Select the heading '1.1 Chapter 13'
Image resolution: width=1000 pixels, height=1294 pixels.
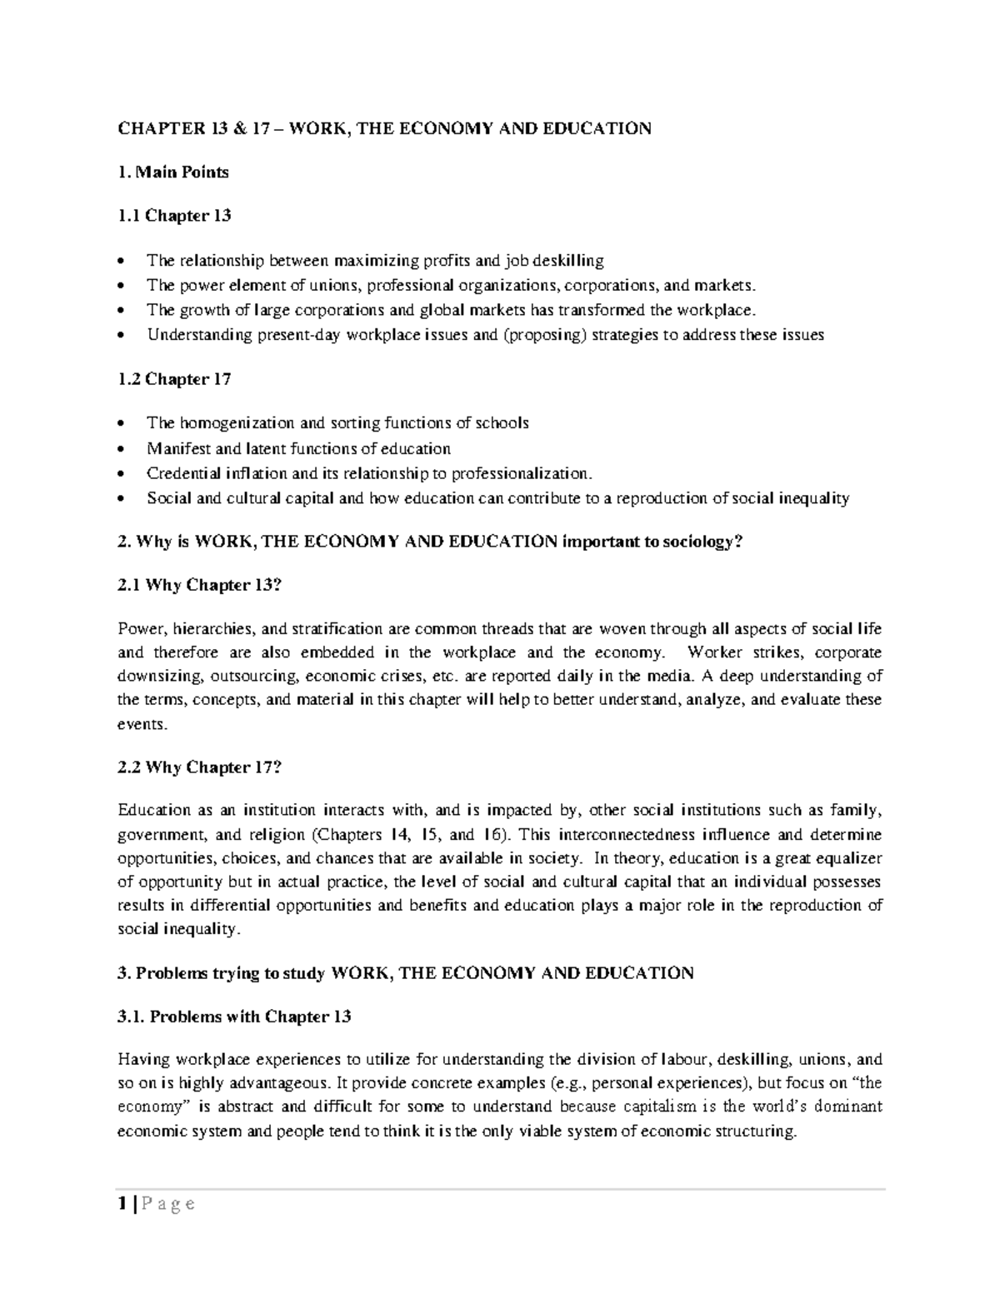[x=174, y=216]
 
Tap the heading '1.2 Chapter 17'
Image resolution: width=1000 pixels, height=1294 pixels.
[x=174, y=379]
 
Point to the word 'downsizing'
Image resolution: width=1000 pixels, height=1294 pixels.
[x=155, y=676]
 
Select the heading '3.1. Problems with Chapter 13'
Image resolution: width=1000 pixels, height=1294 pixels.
[x=234, y=1017]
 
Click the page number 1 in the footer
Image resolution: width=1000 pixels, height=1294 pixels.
[x=122, y=1204]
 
